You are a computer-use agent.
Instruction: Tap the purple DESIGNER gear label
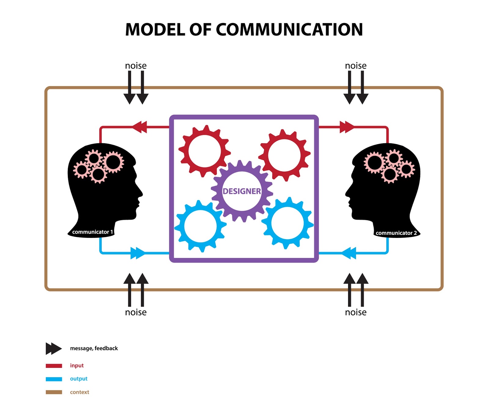pos(242,191)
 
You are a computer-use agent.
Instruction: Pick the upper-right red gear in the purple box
pos(284,155)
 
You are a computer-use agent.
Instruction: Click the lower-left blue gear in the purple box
pos(200,226)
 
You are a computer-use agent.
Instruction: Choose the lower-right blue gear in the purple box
pos(287,223)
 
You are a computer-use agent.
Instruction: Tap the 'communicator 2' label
pos(396,233)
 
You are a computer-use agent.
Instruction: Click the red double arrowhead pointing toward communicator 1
pos(140,127)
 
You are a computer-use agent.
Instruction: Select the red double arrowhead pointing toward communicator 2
pos(347,127)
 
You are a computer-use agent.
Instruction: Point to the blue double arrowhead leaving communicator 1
pos(138,253)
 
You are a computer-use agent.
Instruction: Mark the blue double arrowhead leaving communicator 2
pos(349,253)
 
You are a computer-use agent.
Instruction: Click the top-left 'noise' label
pos(136,66)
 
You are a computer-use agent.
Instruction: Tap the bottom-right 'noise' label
pos(355,312)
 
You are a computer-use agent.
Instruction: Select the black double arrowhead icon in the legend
pos(53,348)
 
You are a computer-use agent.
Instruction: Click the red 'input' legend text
pos(77,366)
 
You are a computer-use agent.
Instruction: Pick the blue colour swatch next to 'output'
pos(54,379)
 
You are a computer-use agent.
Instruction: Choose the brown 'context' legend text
pos(79,392)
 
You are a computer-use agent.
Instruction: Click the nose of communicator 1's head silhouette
pos(141,194)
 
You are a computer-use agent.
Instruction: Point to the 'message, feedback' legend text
pos(94,348)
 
